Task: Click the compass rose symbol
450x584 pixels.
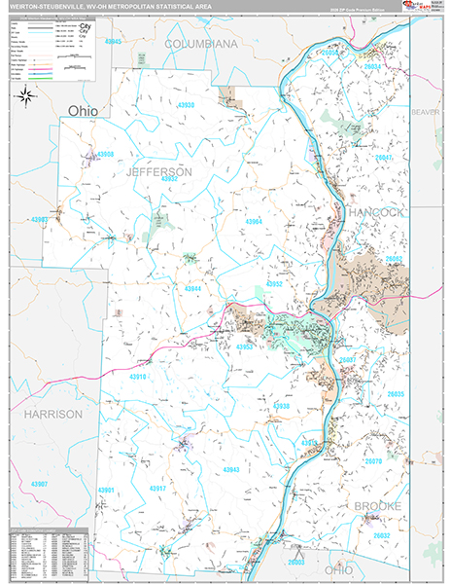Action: pos(26,95)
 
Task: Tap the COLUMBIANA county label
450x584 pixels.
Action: pos(201,45)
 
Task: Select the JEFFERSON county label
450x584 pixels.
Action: pos(159,171)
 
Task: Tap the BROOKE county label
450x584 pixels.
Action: pos(377,506)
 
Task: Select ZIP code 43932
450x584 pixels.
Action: pos(172,180)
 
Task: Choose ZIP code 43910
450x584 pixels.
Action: pos(139,377)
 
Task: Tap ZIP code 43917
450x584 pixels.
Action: pos(157,488)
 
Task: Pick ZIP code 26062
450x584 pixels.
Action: pos(393,260)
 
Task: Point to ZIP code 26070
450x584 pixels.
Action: pos(373,461)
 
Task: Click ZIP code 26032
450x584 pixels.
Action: pos(381,535)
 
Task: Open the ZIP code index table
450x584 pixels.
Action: pos(45,555)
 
